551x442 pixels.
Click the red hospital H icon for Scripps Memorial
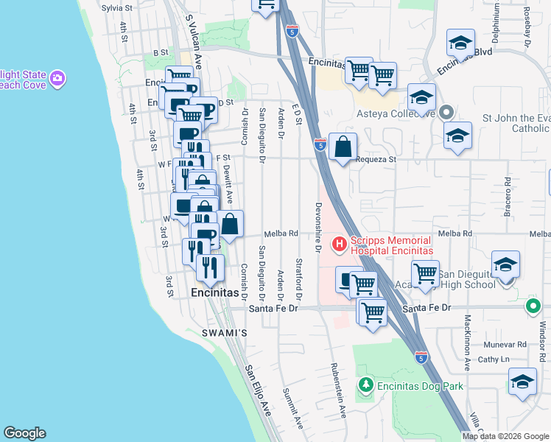coord(339,243)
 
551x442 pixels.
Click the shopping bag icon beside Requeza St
coord(343,147)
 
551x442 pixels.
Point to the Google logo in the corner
coord(24,433)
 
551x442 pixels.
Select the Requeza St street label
coord(376,159)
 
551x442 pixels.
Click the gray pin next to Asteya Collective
coord(446,113)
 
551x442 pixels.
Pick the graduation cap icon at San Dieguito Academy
coord(505,264)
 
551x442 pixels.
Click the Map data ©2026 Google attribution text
coord(506,436)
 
